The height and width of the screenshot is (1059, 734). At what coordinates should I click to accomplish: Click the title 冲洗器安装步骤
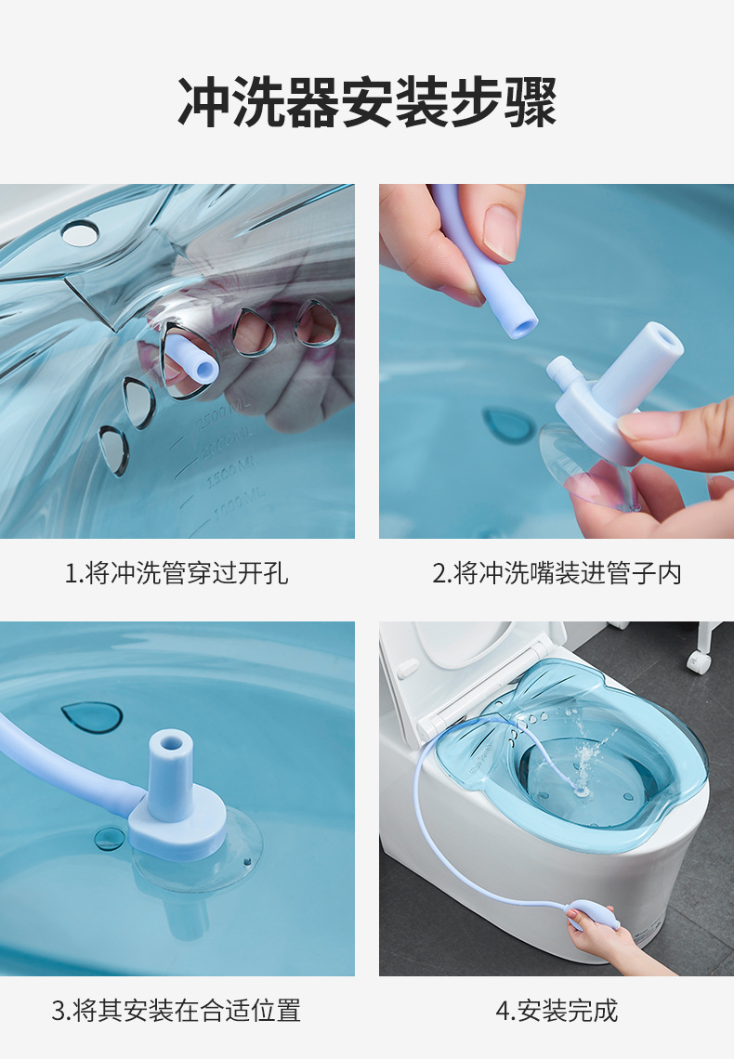coord(367,102)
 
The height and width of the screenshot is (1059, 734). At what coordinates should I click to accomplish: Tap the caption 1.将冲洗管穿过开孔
coord(177,573)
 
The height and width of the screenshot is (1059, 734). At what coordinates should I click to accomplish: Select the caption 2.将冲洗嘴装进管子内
coord(557,573)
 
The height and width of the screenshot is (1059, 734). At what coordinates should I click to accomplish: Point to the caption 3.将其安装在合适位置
coord(177,1010)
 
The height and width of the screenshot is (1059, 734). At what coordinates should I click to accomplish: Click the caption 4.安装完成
coord(557,1010)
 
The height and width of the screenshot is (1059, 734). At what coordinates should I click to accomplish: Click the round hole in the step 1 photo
coord(80,233)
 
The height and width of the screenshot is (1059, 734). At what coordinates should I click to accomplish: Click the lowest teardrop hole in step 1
coord(114,451)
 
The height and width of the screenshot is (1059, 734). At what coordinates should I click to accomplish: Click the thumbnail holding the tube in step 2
coord(501,230)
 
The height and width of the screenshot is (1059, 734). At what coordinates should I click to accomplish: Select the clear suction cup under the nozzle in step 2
coord(585,469)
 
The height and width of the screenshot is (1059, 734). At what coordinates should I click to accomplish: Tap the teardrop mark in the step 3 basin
coord(92,716)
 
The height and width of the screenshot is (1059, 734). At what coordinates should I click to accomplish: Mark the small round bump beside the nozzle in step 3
coord(108,839)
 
